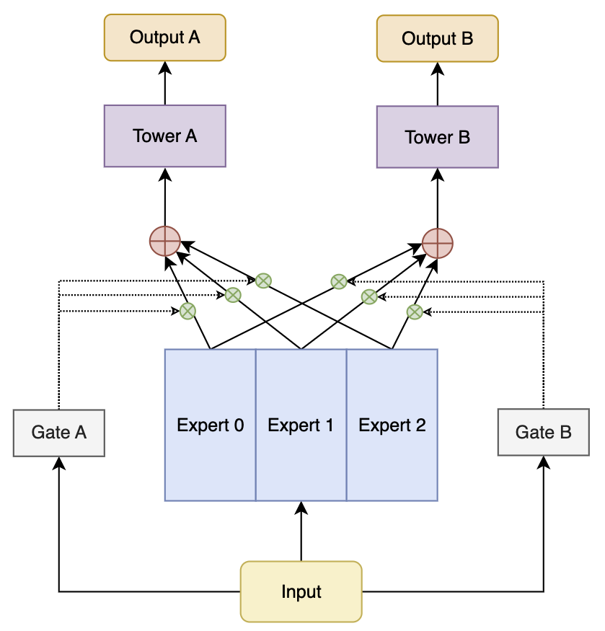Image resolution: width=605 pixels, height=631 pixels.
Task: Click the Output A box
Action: (165, 37)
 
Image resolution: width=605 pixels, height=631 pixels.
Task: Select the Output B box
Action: (437, 38)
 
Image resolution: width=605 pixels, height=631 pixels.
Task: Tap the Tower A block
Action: (165, 136)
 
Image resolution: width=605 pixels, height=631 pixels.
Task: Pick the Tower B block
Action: (437, 137)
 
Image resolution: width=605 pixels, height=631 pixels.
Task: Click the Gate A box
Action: (59, 433)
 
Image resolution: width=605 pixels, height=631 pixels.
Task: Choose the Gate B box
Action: (543, 433)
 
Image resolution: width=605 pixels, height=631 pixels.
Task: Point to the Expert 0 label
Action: (211, 425)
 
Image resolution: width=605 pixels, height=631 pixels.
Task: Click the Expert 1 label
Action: (301, 425)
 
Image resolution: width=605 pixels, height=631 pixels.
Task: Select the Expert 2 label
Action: (392, 425)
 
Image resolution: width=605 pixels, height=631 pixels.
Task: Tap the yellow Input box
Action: (301, 592)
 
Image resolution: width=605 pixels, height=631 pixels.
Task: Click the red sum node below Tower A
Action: (164, 242)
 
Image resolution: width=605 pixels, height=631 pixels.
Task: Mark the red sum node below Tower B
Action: (437, 243)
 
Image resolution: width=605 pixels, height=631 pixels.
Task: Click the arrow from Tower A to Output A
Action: (165, 83)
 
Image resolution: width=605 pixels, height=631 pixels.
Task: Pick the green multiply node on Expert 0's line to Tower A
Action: (187, 311)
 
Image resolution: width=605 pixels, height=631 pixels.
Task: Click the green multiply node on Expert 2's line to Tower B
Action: (414, 312)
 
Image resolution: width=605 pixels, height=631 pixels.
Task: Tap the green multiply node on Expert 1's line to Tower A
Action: (233, 294)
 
